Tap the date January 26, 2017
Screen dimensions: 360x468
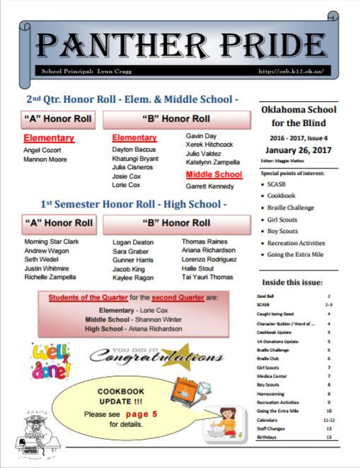pyautogui.click(x=298, y=150)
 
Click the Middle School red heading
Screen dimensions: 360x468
pyautogui.click(x=214, y=174)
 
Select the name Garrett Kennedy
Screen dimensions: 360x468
pyautogui.click(x=210, y=186)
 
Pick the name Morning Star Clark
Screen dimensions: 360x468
pyautogui.click(x=51, y=241)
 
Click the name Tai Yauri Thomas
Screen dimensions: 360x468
pyautogui.click(x=207, y=277)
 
